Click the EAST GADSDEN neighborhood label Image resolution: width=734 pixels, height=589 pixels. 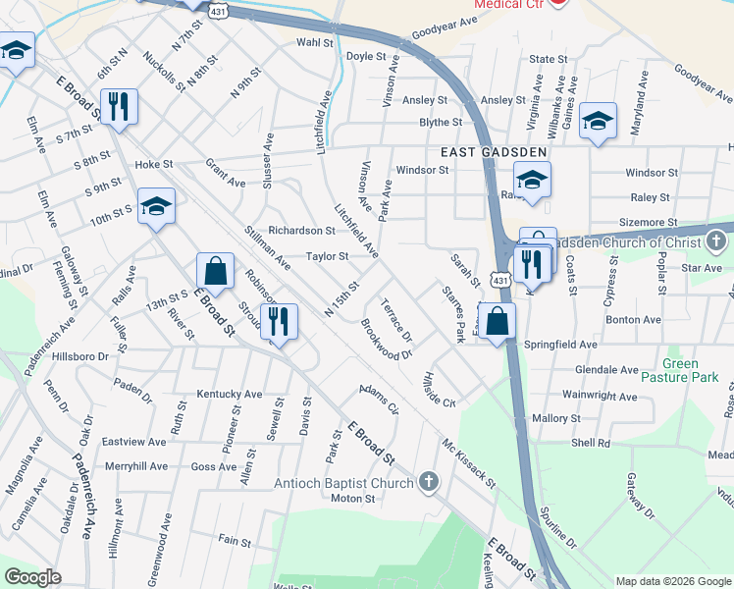[479, 151]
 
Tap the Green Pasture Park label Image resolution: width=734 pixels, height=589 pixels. [680, 370]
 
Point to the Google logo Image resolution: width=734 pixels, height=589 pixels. [32, 577]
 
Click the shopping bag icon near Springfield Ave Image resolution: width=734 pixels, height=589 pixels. [498, 322]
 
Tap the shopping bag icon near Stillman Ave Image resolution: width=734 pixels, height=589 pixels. [215, 272]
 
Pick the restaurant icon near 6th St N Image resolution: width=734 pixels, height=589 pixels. [119, 108]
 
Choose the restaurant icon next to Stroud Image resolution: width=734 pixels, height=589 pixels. [280, 323]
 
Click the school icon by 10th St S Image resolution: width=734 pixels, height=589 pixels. [156, 208]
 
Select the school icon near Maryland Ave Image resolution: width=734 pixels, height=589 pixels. [598, 123]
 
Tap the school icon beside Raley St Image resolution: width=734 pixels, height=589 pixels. [532, 182]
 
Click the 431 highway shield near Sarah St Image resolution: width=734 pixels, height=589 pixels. [500, 281]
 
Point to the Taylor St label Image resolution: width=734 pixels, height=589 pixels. [327, 256]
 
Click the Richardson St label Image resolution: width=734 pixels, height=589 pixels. [302, 231]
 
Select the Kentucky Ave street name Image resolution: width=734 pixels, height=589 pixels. [230, 394]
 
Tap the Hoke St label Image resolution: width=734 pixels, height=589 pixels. [153, 165]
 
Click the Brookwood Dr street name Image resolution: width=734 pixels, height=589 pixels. [386, 339]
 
